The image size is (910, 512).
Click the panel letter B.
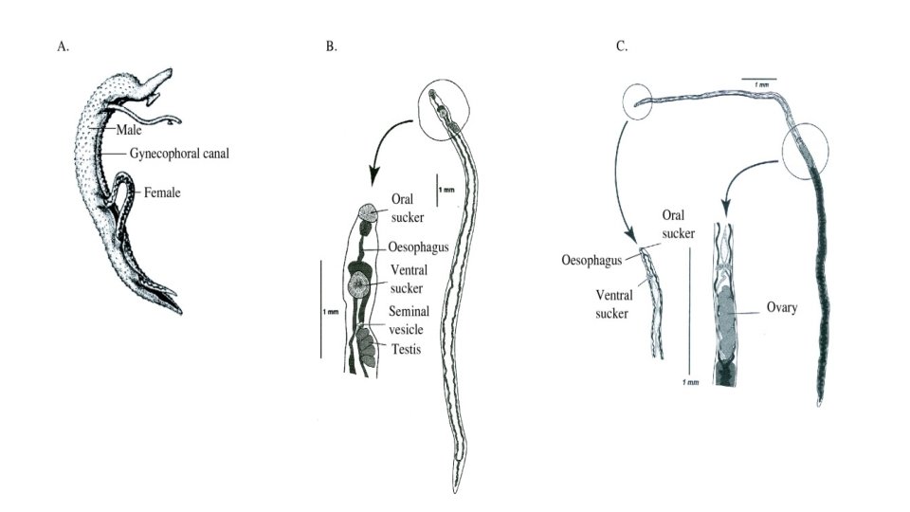coord(331,46)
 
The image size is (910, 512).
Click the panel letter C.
coord(622,46)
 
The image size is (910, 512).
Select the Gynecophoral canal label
coord(179,152)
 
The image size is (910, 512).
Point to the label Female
coord(162,192)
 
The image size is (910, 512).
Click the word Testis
coord(405,348)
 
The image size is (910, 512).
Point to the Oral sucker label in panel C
coord(676,237)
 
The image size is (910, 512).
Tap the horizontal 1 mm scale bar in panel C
coord(759,78)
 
